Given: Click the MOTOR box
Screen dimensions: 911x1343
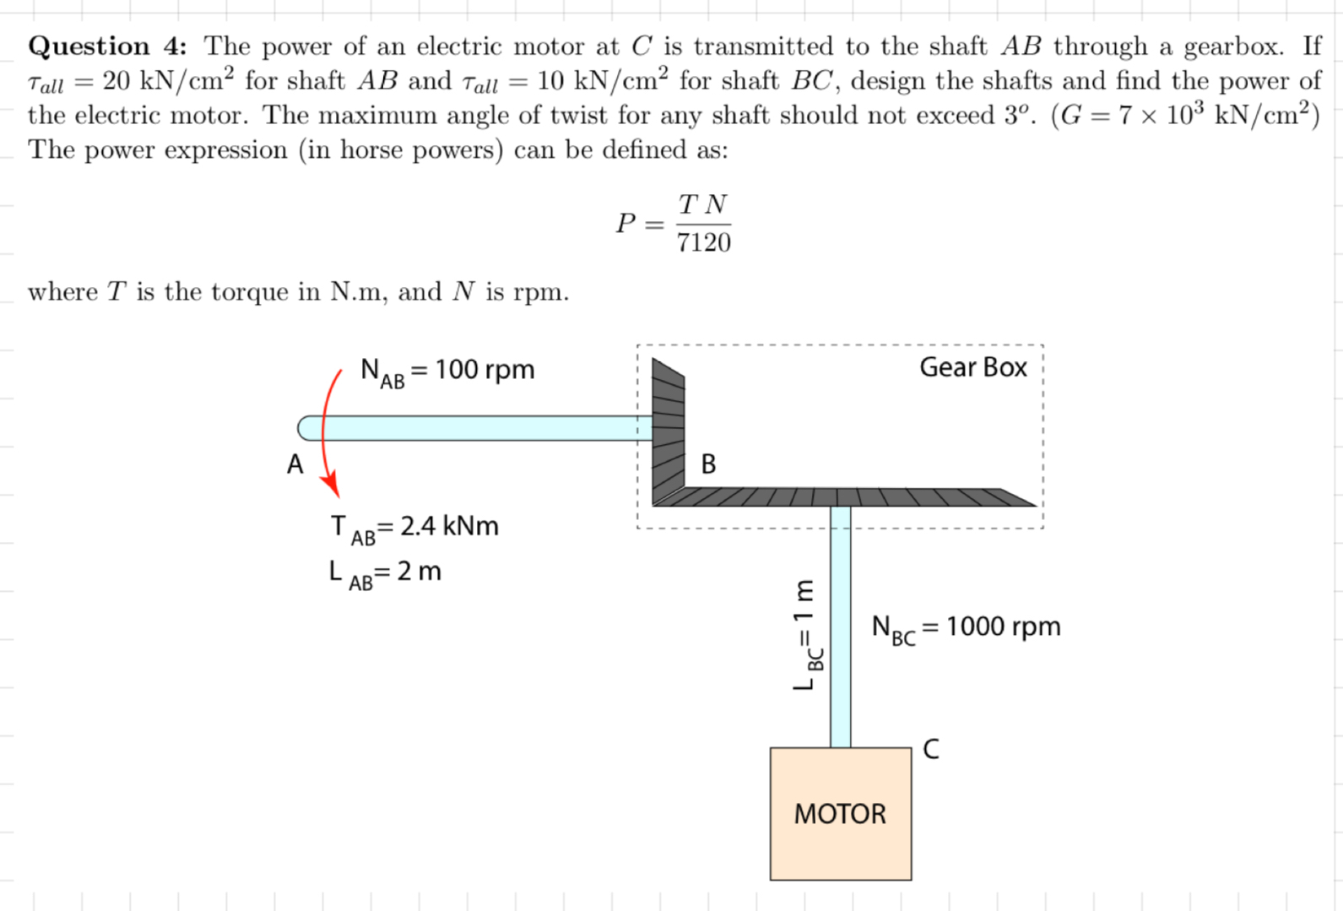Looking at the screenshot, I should point(840,813).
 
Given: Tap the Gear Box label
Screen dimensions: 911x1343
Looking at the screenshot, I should point(972,367).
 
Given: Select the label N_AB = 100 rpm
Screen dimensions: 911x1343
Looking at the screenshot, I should point(447,371).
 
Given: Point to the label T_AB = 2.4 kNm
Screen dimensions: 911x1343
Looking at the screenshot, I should point(414,527).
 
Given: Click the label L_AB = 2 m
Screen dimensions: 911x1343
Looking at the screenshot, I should point(385,572).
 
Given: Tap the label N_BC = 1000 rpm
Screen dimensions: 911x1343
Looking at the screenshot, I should point(966,627).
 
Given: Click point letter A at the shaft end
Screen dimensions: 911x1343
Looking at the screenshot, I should point(295,464).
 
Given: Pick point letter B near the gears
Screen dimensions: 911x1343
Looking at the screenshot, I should point(708,464).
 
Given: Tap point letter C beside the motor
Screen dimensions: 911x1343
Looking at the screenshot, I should point(930,749).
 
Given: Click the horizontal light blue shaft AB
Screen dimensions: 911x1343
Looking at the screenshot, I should point(481,428).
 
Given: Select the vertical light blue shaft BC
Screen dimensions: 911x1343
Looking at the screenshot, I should point(840,625).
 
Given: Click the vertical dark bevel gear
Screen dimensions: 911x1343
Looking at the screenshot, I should point(668,431).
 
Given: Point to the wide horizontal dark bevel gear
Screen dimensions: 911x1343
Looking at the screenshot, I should point(844,496).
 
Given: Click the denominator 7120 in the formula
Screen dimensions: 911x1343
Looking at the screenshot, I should point(703,243).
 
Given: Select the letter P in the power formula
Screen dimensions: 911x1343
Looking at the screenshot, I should point(625,223).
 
